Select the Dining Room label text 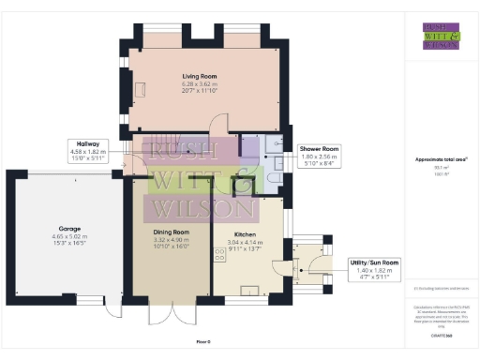[172, 232]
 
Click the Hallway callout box [89, 151]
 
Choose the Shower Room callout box [319, 156]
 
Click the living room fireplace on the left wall [139, 89]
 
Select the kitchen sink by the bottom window [251, 290]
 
